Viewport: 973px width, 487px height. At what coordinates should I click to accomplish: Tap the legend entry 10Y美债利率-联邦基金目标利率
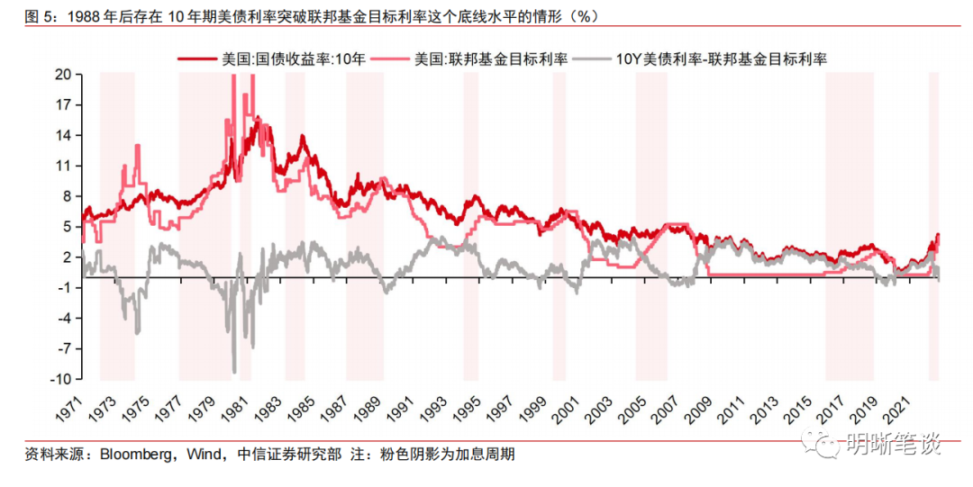(722, 59)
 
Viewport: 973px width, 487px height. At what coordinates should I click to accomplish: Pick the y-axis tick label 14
(62, 135)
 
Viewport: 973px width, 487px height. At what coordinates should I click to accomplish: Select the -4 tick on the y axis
(63, 318)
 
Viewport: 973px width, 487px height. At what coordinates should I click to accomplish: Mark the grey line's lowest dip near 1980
(234, 371)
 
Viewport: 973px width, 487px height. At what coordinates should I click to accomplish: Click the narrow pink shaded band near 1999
(559, 225)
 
